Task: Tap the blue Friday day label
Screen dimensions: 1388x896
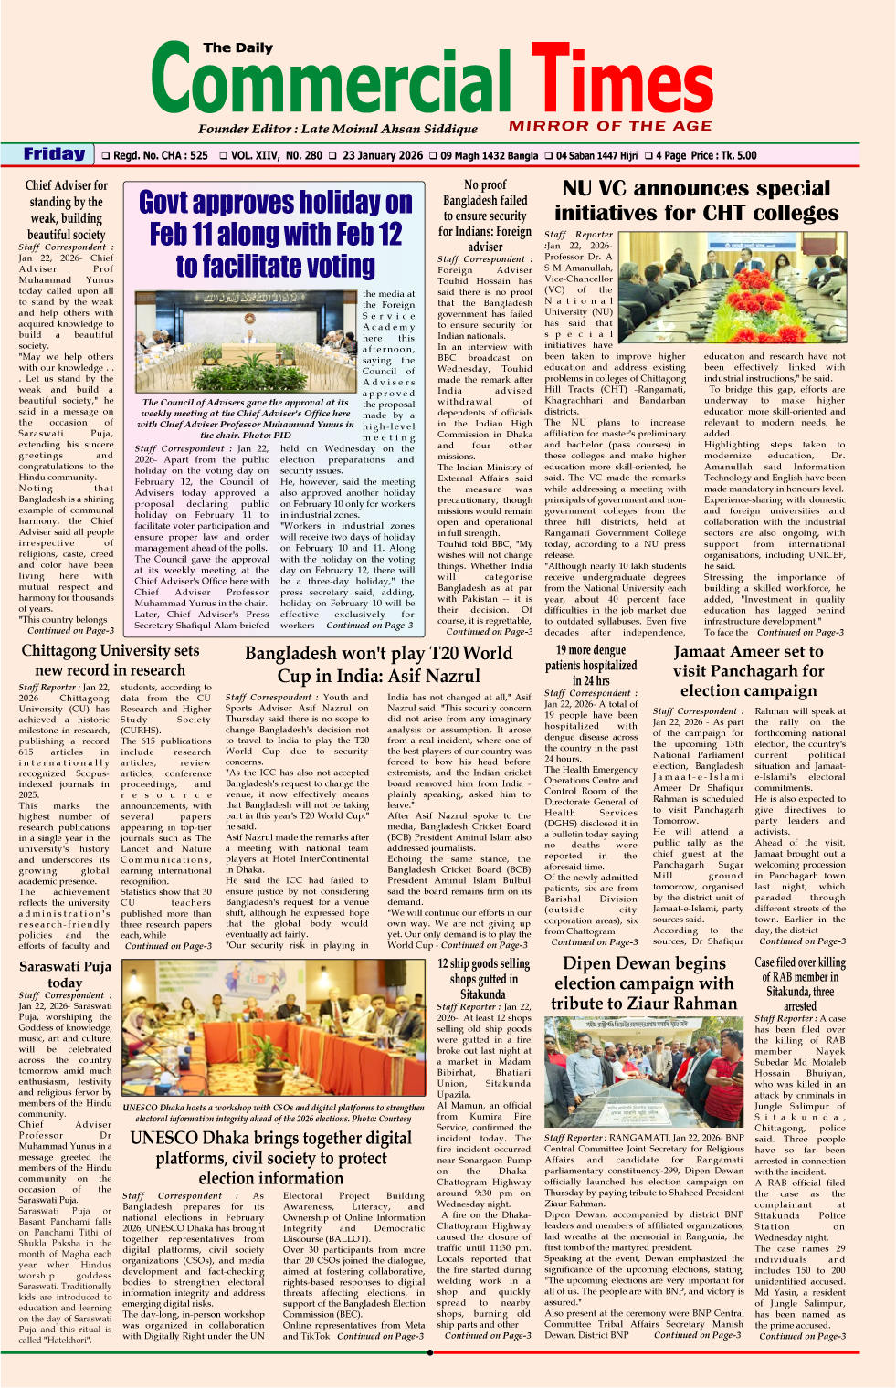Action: (55, 154)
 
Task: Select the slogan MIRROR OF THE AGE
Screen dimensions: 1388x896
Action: (610, 126)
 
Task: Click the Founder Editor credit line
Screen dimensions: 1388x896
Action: (337, 129)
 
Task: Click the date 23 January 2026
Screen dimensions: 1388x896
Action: (383, 155)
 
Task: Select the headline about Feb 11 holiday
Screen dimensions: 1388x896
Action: (276, 234)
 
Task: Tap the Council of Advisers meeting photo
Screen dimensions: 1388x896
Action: (248, 342)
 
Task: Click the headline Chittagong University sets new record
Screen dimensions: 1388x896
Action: (111, 660)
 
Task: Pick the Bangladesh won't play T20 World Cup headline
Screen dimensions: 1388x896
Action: (379, 665)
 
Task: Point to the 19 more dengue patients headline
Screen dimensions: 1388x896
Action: (591, 665)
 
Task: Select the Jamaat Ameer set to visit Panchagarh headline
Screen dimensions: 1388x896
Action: (749, 671)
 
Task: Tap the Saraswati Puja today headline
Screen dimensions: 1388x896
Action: (65, 974)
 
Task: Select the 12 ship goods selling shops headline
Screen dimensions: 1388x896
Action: (483, 978)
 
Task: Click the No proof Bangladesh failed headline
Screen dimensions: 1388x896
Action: (485, 216)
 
